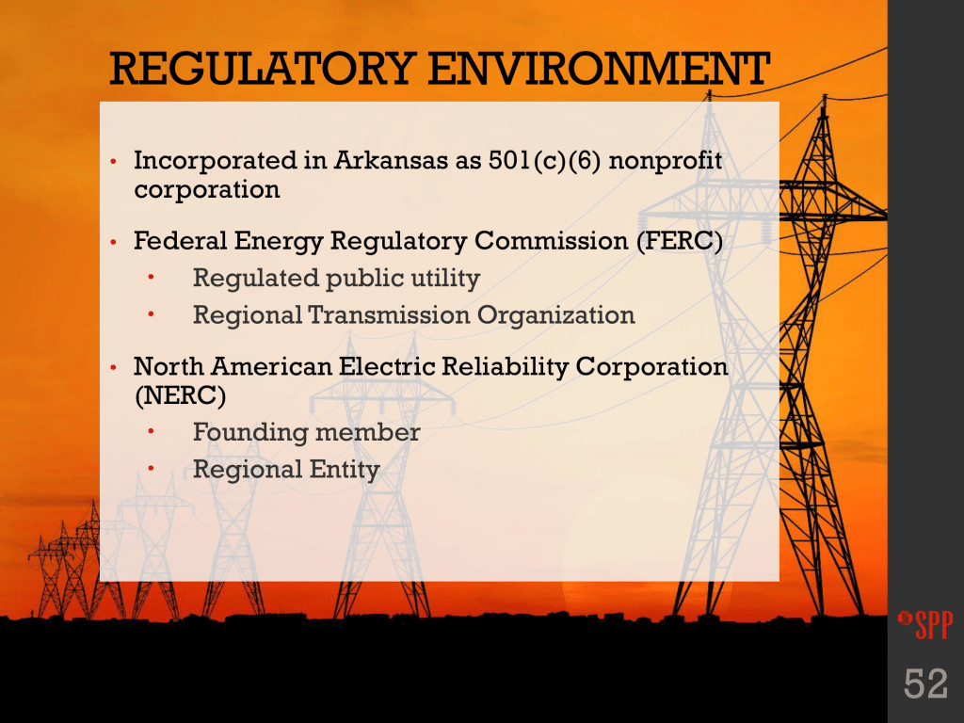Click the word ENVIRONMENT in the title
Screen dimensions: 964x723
(x=599, y=69)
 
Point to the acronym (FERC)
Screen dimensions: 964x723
(x=680, y=241)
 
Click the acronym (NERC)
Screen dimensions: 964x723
(x=180, y=395)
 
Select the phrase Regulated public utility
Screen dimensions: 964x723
(x=336, y=279)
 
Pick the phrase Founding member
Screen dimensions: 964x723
(x=307, y=432)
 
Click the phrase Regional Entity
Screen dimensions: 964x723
(x=286, y=470)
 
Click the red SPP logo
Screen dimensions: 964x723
(x=925, y=624)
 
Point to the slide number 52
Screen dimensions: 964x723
(x=925, y=683)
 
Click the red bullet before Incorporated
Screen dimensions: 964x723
(x=113, y=162)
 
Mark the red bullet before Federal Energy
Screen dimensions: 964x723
(x=113, y=242)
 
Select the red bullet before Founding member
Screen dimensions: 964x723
(x=151, y=432)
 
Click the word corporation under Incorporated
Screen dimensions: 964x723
(x=206, y=190)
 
